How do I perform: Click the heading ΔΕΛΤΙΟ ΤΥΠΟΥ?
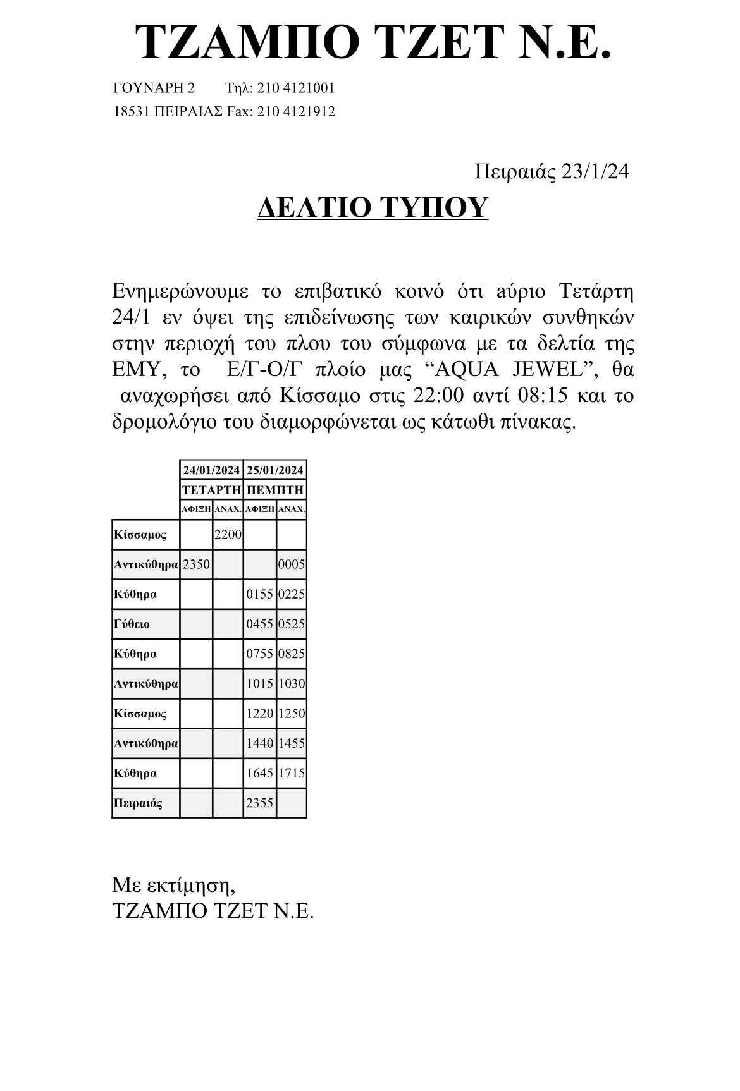tap(373, 207)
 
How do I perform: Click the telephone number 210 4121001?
tap(295, 88)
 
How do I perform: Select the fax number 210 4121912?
tap(296, 112)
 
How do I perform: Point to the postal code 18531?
tap(131, 112)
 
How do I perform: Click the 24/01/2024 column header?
tap(211, 470)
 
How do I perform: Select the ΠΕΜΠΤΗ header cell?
tap(275, 490)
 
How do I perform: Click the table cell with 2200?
tap(228, 535)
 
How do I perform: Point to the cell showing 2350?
tap(196, 564)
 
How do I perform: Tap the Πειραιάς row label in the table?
tap(137, 803)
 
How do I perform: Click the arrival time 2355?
tap(259, 803)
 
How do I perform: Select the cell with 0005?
tap(292, 564)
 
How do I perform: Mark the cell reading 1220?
tap(259, 714)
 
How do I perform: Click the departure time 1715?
tap(292, 773)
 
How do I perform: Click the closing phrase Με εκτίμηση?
tap(173, 885)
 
